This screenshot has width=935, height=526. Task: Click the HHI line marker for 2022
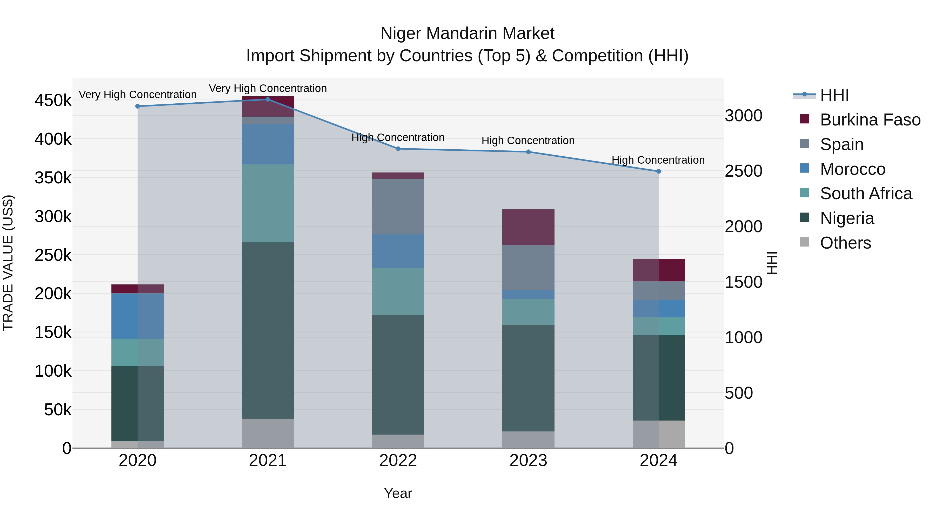point(398,149)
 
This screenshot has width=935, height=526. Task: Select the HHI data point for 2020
point(138,106)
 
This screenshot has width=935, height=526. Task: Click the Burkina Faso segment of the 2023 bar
point(528,227)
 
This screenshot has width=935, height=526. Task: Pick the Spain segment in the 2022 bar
point(398,206)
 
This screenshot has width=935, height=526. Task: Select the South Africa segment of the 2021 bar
point(268,203)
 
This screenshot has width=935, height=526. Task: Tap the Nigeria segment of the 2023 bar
point(528,377)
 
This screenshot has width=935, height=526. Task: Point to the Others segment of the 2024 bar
point(658,434)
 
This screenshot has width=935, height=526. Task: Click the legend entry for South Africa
point(865,194)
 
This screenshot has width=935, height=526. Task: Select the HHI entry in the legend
point(834,95)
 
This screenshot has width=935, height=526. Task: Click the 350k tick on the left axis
point(53,178)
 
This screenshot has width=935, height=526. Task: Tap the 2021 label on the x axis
point(268,461)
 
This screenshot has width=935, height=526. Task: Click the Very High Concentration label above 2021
point(268,88)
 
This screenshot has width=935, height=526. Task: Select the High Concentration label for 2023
point(528,141)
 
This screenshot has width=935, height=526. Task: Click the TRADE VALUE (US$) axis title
point(8,263)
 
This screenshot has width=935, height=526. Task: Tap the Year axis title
point(398,493)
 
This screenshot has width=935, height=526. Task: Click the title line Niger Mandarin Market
point(467,34)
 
